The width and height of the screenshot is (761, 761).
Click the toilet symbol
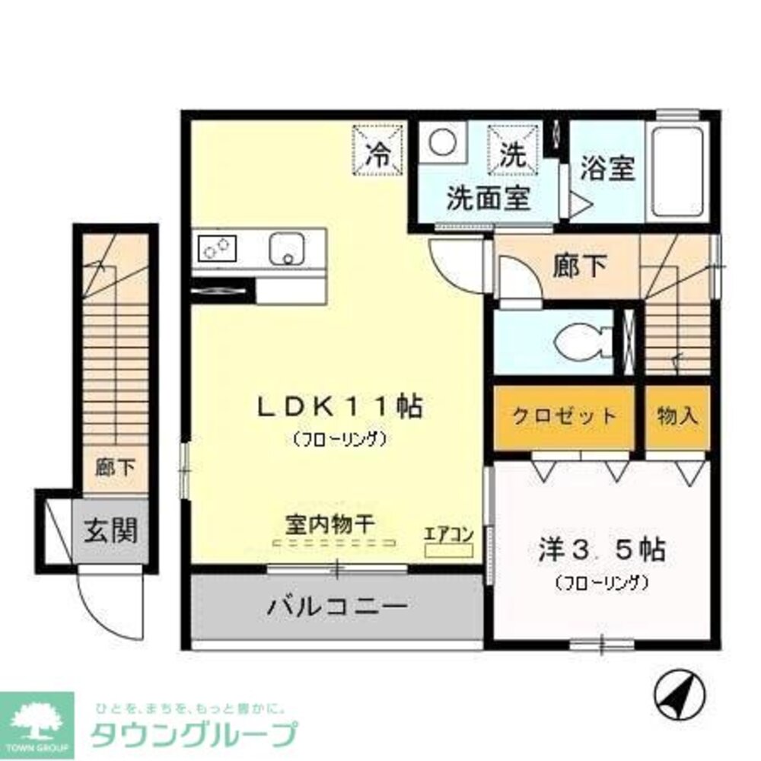point(582,342)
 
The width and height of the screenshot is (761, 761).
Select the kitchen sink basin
point(287,247)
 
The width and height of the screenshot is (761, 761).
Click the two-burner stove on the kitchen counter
point(218,247)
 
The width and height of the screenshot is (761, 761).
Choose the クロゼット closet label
point(564,416)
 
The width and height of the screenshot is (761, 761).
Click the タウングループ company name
point(194,734)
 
